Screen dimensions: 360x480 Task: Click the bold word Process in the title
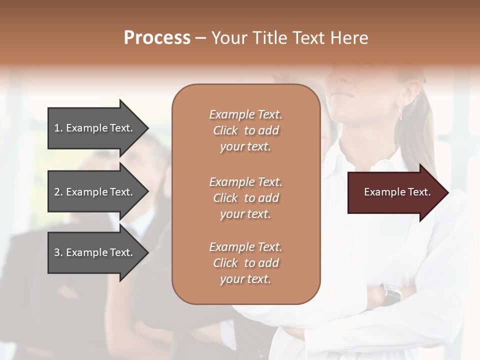pos(157,38)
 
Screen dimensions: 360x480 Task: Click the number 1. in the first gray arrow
pos(58,128)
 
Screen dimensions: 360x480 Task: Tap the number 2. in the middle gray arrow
pos(58,192)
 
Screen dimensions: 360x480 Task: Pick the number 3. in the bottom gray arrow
pos(58,252)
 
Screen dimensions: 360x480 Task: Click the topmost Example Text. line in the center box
pos(245,114)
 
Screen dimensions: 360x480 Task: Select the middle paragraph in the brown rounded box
pos(245,198)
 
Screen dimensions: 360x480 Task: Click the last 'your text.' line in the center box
pos(245,279)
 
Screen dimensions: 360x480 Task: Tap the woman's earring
pos(400,112)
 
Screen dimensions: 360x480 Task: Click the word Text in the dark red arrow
pos(419,192)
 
